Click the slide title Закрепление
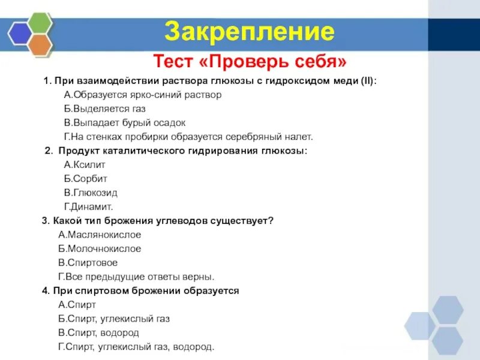249,31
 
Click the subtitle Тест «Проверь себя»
250,61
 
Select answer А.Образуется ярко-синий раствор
142,95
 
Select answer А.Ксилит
86,164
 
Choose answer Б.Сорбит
86,178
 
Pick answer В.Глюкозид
91,193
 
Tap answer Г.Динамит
88,206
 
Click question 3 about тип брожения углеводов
158,221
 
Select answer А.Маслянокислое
100,235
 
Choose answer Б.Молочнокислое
100,248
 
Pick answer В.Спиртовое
88,263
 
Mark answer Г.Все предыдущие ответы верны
136,277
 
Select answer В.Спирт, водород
98,332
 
